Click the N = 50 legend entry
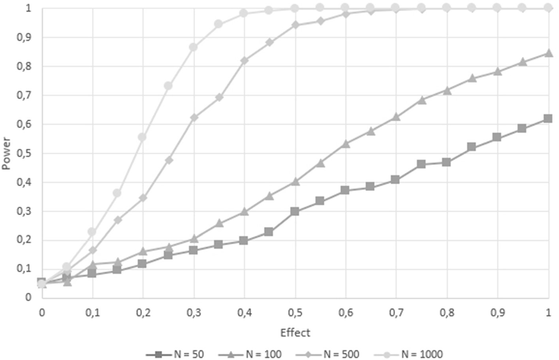(x=175, y=354)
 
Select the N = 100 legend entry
(x=250, y=354)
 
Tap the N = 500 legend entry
(x=327, y=354)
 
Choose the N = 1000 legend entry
(x=408, y=354)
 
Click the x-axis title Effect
(x=295, y=333)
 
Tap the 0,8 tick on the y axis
(x=24, y=66)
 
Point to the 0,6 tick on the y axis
(x=24, y=124)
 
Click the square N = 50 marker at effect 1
(x=548, y=118)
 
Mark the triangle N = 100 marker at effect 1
(x=548, y=52)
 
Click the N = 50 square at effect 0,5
(x=295, y=212)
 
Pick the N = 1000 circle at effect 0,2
(x=142, y=137)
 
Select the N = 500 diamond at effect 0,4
(x=244, y=60)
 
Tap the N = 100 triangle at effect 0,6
(x=346, y=144)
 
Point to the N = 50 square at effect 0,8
(x=446, y=163)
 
